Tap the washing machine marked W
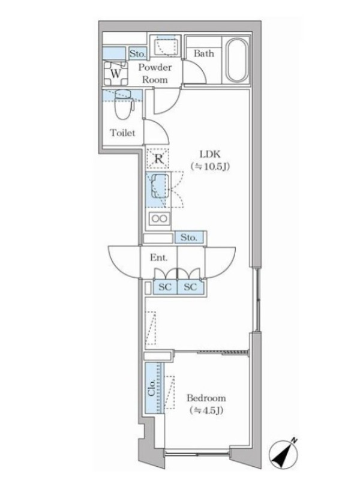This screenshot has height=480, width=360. click(x=115, y=73)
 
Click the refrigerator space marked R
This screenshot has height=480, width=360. click(x=158, y=158)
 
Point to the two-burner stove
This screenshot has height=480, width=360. click(x=159, y=218)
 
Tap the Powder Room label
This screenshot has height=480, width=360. click(x=155, y=73)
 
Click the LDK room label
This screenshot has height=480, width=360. click(x=210, y=160)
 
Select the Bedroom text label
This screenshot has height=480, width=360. click(x=206, y=398)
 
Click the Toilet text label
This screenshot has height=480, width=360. click(x=122, y=133)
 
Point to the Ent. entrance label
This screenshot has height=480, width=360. click(x=158, y=257)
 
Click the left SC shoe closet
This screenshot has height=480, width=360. click(x=165, y=287)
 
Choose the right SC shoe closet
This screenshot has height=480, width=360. click(x=190, y=287)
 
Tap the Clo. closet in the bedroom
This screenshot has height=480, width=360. click(x=154, y=388)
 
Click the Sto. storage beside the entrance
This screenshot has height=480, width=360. click(x=189, y=237)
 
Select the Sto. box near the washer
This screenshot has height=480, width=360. click(x=137, y=54)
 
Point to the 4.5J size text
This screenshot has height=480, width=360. click(x=206, y=410)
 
